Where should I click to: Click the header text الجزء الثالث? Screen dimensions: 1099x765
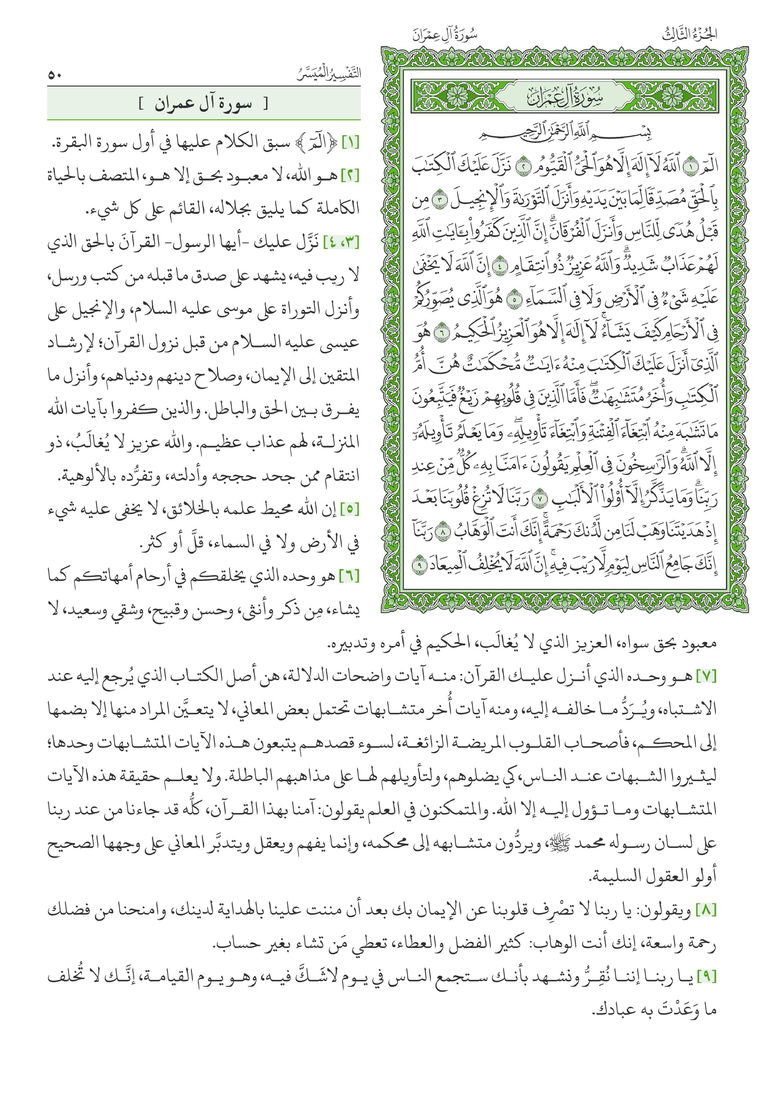click(689, 35)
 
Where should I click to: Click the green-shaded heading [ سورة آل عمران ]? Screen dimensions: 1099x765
click(203, 104)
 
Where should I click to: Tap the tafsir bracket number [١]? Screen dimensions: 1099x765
click(350, 143)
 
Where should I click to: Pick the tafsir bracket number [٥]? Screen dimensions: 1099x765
click(350, 509)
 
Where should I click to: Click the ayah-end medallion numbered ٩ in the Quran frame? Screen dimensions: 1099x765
click(419, 566)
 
